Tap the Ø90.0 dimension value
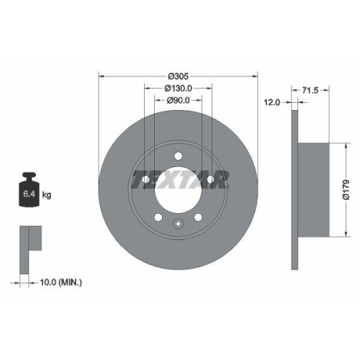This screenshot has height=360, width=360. coord(178,100)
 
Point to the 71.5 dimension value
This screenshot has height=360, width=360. coord(310,90)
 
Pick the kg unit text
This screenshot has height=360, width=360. coord(47,194)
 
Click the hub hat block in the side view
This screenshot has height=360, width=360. coord(316,191)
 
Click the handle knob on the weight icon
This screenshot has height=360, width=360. coord(29,175)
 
